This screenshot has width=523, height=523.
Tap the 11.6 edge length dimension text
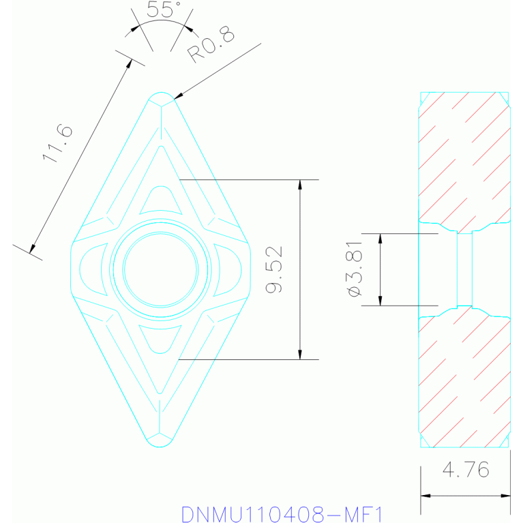[57, 143]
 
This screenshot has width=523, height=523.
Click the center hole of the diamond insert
[160, 269]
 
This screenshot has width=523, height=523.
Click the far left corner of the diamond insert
[72, 269]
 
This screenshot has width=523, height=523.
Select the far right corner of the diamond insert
[249, 269]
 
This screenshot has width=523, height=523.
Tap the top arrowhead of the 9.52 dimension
[300, 185]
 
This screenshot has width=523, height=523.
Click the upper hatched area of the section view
[464, 157]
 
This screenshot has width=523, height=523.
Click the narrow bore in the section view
[464, 269]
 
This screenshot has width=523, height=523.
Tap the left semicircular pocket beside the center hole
[92, 269]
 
